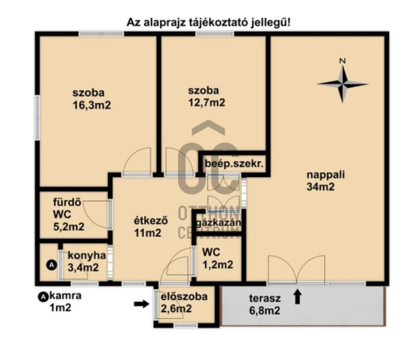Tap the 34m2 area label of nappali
320,188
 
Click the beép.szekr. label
234,163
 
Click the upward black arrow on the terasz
297,295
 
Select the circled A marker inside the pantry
50,265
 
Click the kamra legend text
66,295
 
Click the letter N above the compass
343,60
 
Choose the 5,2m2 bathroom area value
68,227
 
